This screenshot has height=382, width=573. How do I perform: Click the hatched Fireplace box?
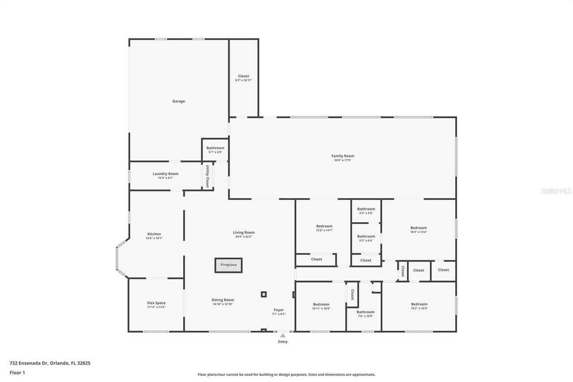228,265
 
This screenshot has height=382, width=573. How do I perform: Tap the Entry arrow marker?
282,335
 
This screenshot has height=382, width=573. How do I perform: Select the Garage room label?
179,101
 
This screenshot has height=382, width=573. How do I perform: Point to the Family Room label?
342,156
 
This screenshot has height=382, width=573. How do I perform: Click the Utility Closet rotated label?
208,176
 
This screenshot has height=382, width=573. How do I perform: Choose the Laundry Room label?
165,174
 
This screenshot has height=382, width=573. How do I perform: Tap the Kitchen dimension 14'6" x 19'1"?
154,238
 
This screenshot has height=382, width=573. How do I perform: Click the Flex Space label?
156,303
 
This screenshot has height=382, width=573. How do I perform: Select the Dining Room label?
222,300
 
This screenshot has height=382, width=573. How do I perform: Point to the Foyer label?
278,310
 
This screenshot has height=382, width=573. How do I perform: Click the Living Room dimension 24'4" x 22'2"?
244,236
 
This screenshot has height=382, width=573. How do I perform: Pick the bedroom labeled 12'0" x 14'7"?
324,227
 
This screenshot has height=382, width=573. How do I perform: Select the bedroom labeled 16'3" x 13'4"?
419,228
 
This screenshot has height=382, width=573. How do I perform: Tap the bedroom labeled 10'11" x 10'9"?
321,305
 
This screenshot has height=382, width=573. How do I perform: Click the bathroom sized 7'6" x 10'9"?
365,312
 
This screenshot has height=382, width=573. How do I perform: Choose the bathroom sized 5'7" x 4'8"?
215,148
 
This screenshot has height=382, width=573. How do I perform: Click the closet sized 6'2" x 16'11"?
244,76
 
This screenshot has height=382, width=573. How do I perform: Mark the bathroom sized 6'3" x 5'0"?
366,209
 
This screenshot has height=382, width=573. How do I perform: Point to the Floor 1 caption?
17,372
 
